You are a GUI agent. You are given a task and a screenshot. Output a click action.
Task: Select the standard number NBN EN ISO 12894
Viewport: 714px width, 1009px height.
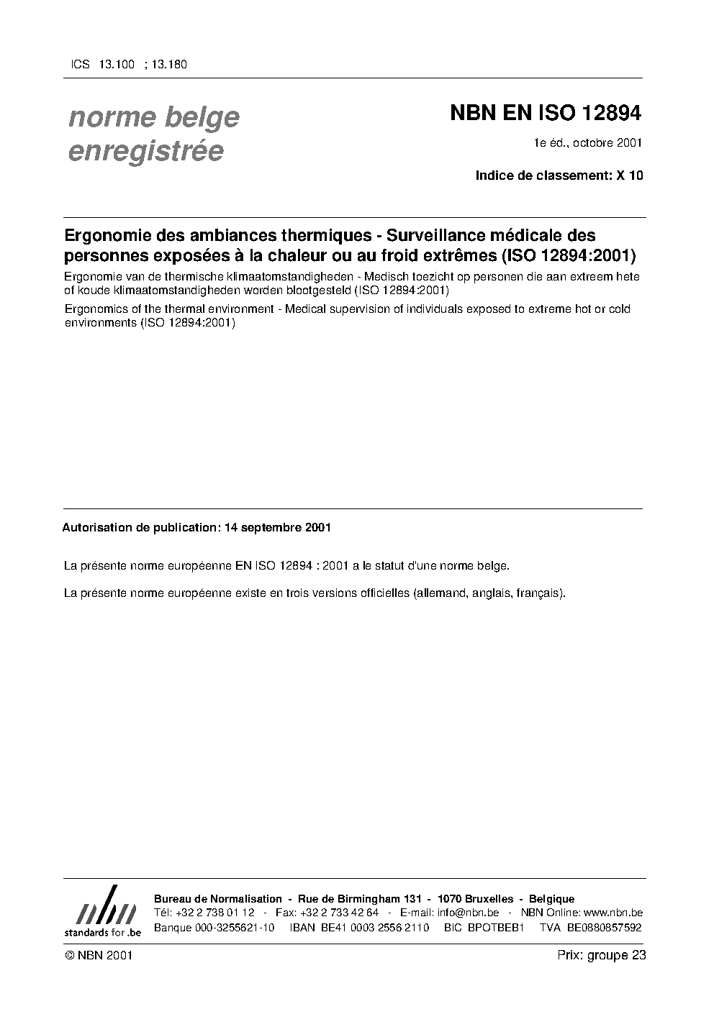545,113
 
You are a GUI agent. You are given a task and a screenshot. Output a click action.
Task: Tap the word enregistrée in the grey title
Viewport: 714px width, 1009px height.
146,152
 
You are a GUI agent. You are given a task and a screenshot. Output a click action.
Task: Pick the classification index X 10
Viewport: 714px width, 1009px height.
628,175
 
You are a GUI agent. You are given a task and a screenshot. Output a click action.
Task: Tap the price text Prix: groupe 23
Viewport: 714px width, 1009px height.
601,956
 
